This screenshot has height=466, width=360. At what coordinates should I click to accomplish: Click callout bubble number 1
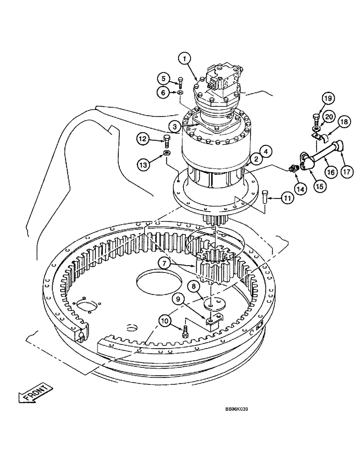pos(185,59)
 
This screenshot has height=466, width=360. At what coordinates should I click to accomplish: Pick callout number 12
pos(143,138)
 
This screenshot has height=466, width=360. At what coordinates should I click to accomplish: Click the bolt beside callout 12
pos(167,139)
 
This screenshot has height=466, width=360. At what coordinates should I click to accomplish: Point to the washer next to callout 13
pos(166,154)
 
